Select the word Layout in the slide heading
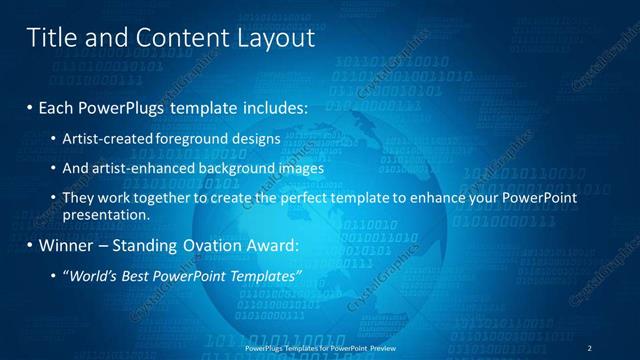[275, 38]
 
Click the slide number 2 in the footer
[590, 347]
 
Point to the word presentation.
[105, 214]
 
